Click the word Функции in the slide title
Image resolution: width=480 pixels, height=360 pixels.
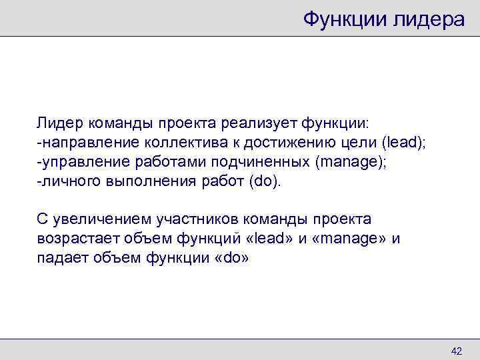(x=345, y=19)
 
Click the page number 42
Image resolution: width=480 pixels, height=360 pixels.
(x=457, y=351)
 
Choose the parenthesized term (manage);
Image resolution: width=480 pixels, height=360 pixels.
(x=356, y=161)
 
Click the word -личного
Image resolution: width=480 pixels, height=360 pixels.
(x=66, y=181)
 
